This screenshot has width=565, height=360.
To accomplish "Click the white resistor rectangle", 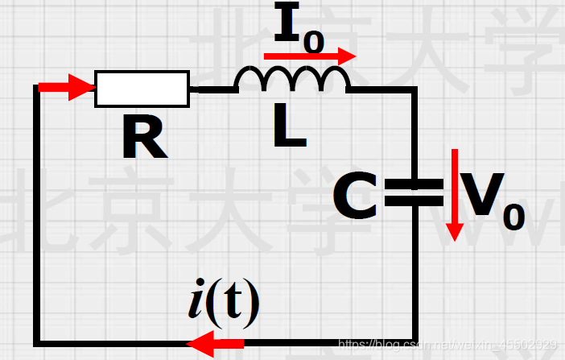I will [142, 88].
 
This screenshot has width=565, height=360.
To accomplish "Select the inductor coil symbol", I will [291, 80].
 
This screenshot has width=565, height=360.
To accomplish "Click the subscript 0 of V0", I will [513, 216].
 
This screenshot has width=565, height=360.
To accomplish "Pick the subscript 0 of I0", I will [314, 42].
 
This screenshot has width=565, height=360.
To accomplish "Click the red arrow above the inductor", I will [310, 56].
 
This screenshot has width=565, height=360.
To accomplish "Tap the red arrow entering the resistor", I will [68, 87].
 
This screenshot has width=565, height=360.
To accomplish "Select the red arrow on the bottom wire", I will [216, 345].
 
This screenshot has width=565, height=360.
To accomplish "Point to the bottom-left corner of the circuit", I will [37, 341].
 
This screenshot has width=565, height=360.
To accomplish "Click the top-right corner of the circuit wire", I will [414, 89].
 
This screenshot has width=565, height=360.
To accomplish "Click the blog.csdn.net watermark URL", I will [447, 345].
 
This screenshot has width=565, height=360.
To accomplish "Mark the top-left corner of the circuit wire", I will [37, 88].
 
